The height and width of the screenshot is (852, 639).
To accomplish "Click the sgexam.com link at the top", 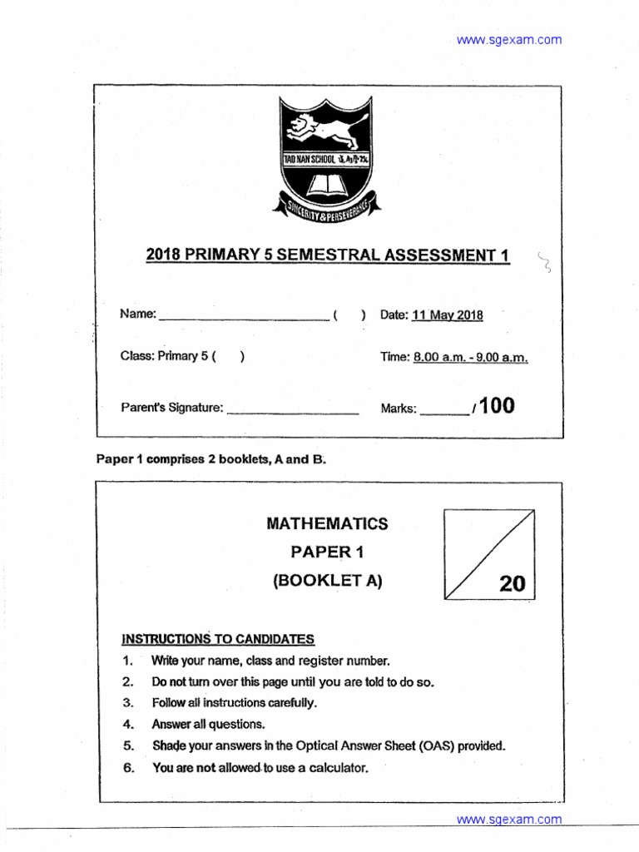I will click(509, 39).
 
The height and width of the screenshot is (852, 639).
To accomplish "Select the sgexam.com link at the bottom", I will click(509, 820).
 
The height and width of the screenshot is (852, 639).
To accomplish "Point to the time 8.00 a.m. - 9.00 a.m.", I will click(469, 357).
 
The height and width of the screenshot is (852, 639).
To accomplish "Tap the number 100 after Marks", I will click(497, 406).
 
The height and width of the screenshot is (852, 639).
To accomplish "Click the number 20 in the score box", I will click(513, 584).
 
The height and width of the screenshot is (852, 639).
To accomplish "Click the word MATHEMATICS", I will click(327, 523).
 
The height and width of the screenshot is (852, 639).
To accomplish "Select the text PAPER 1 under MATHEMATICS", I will click(327, 552).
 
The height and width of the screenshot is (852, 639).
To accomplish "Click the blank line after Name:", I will click(243, 317).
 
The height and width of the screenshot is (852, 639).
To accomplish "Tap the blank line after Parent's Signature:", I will click(292, 410).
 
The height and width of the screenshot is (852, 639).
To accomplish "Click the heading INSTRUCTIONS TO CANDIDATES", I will click(218, 639).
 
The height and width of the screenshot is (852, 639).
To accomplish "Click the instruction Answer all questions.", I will click(208, 725).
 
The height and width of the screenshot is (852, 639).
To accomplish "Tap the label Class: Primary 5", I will click(163, 357).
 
